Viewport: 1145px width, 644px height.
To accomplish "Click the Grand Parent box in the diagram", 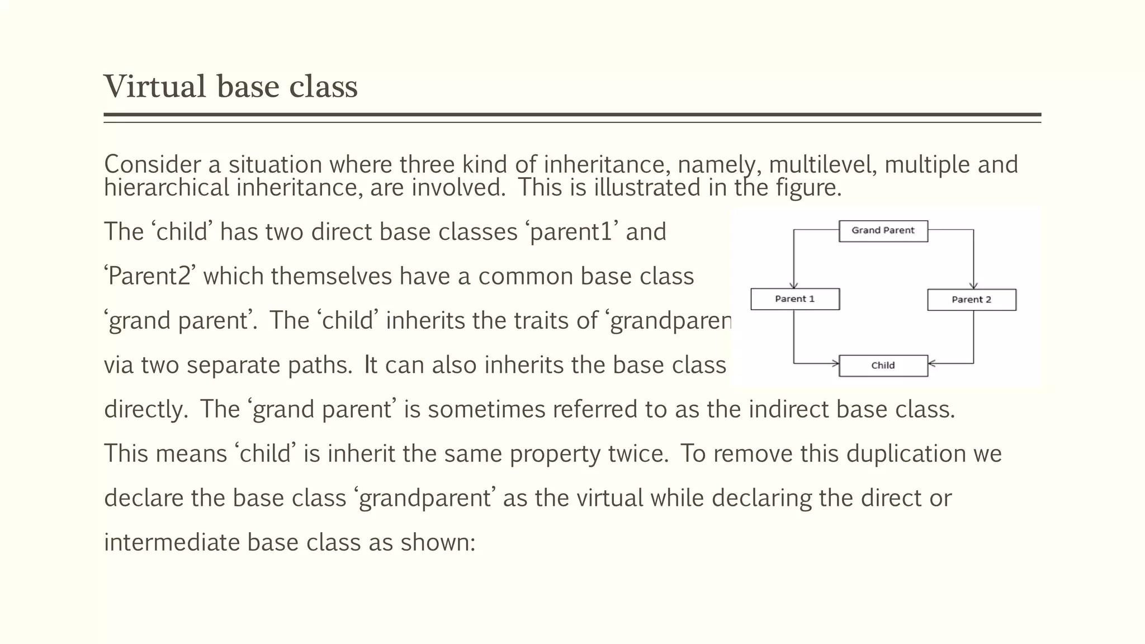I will click(x=883, y=231).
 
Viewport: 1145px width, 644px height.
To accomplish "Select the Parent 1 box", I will click(x=794, y=299).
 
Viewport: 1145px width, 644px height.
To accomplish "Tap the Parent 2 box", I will click(x=971, y=300).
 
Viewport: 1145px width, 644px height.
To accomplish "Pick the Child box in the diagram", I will click(x=883, y=366).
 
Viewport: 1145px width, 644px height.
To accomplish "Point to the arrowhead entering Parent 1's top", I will click(x=794, y=285).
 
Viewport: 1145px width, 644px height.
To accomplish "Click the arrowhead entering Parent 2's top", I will click(x=973, y=286).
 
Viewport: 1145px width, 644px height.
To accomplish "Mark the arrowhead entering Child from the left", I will click(x=835, y=364).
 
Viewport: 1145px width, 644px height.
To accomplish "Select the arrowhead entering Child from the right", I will click(x=932, y=364).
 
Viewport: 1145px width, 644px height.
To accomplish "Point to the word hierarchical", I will click(x=167, y=187).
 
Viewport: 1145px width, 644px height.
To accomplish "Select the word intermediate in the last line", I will click(x=172, y=542).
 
